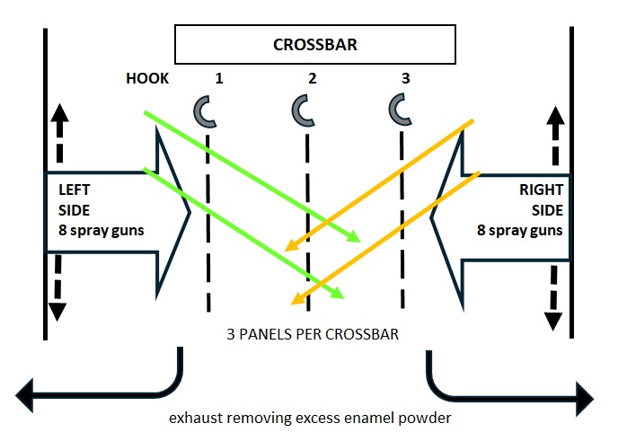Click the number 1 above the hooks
coord(218,79)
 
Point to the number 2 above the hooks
coord(312,79)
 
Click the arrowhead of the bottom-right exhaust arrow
coord(585,393)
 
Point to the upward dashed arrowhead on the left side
coord(57,113)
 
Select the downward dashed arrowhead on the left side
coord(57,311)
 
